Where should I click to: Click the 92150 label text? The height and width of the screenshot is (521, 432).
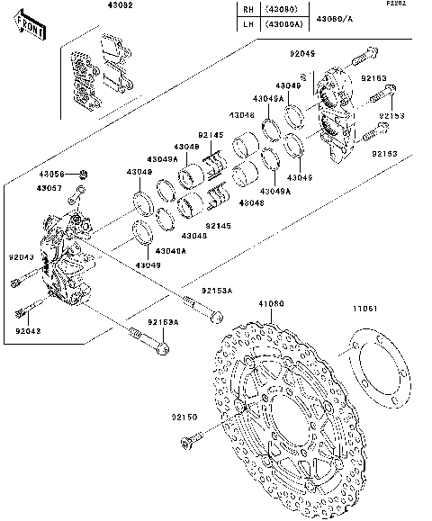tap(185, 417)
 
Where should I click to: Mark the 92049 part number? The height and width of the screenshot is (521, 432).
tap(302, 55)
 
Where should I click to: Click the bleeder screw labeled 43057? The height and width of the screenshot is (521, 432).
tap(78, 193)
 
